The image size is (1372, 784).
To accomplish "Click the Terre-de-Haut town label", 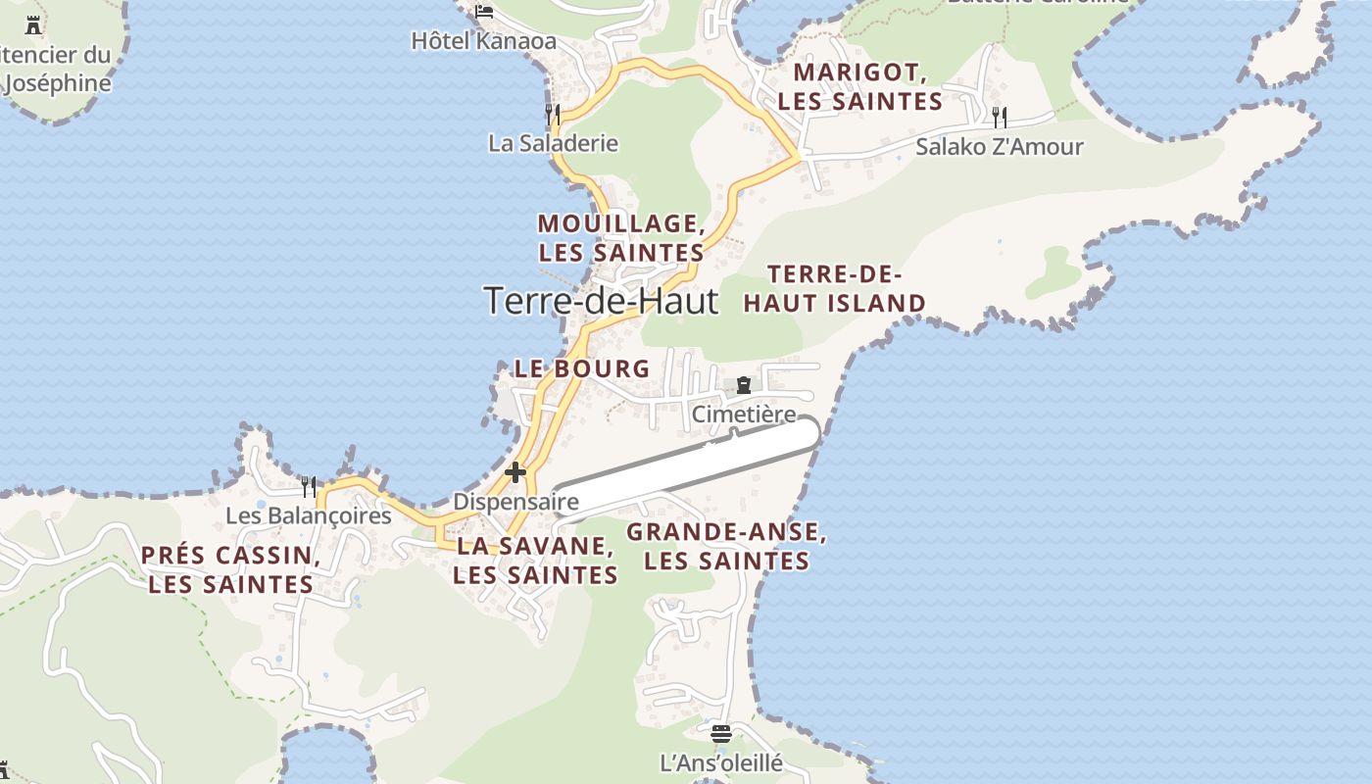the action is (x=601, y=300).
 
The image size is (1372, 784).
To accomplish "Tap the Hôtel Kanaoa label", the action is (x=483, y=41).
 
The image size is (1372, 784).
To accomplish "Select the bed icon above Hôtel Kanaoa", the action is (x=484, y=13).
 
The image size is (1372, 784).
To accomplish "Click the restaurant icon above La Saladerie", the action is (x=553, y=115).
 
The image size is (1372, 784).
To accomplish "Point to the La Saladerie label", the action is (x=553, y=143).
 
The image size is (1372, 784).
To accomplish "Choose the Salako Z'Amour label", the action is (x=999, y=147).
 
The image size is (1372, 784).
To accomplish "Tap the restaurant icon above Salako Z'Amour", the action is (x=999, y=118).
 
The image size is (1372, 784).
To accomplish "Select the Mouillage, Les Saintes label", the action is (x=621, y=237).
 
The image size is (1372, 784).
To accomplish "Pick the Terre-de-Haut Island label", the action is (x=834, y=288).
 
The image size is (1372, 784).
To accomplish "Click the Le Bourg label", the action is (x=582, y=368).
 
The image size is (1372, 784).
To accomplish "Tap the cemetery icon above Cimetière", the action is (x=744, y=385).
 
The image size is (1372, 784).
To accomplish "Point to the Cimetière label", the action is (x=744, y=415).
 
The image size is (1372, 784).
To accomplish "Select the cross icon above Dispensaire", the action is (x=515, y=473).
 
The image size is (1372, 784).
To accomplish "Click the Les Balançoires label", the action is (x=308, y=515).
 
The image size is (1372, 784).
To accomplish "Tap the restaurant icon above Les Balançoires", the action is (x=309, y=486).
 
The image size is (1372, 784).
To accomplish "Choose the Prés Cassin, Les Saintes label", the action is (x=231, y=569).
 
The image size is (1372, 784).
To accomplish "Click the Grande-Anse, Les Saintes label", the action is (x=726, y=547).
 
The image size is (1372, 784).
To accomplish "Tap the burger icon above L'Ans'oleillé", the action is (x=721, y=733).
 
